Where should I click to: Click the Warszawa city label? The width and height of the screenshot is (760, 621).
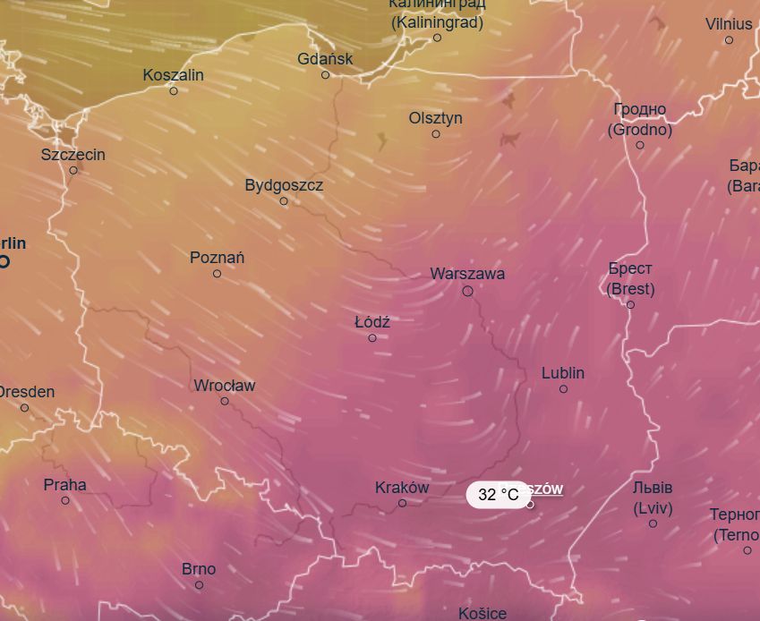pos(467,274)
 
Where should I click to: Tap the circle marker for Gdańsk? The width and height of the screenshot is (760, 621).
pos(326,75)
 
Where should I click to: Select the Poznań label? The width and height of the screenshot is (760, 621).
pos(217,258)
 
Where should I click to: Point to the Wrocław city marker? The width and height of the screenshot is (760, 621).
pos(225,401)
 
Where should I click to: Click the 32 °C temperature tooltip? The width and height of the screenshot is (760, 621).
pos(499,495)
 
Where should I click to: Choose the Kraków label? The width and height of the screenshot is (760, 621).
pos(402,488)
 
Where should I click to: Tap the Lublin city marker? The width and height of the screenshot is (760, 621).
pos(563,389)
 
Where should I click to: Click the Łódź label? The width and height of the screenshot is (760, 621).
pos(372,322)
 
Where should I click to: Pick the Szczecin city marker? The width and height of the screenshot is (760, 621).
pos(73,171)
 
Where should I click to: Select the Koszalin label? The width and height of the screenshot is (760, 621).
pos(174,75)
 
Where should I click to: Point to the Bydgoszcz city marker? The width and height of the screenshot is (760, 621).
pos(284,201)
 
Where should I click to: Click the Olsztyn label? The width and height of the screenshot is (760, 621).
pos(436,118)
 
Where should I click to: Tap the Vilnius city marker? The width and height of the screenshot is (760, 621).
pos(729,40)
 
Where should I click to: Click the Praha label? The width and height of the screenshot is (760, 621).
pos(65,485)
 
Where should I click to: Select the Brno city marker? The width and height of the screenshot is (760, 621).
pos(199,585)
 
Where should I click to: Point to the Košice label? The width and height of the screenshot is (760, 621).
pos(482,613)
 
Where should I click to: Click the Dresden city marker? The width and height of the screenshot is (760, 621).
pos(24,408)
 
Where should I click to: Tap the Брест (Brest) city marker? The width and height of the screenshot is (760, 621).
pos(630,305)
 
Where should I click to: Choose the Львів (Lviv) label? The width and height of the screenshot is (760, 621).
pos(653,498)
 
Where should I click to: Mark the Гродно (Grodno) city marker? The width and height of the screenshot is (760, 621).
pos(640,145)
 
